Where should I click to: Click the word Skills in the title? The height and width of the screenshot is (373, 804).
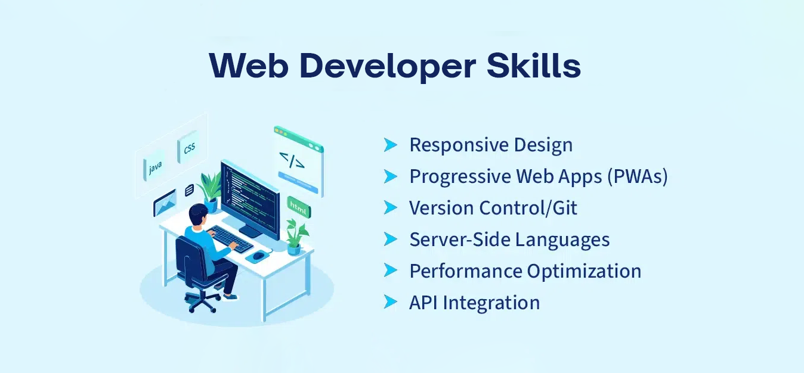point(534,66)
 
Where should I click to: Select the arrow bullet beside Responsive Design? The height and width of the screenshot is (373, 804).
point(391,145)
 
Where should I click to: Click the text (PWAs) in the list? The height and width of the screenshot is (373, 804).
point(638,176)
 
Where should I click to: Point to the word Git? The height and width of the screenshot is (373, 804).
point(565,207)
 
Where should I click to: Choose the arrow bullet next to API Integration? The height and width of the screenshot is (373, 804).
point(391,302)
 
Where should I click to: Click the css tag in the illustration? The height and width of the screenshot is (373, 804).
point(188,147)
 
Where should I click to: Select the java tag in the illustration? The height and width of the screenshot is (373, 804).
point(154,166)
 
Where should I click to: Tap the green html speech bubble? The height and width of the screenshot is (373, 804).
point(299,207)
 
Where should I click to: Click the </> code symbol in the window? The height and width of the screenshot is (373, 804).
point(292,160)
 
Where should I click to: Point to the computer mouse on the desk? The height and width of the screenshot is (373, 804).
point(258,256)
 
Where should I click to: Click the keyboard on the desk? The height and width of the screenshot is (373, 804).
point(230,238)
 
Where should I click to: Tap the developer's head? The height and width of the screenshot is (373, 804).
point(198,214)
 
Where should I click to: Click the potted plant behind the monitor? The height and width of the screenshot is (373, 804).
point(210,191)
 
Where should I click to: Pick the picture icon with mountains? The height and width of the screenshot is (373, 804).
point(165,203)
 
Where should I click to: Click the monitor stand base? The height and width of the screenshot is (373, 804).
point(251,232)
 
